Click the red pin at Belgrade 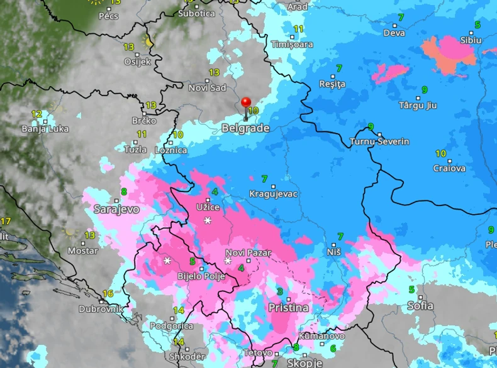click(246, 104)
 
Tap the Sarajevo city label click(116, 208)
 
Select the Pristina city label click(288, 308)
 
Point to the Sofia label click(420, 306)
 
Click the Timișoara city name click(292, 45)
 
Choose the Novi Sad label click(207, 88)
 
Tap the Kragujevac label click(272, 194)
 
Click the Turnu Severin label click(379, 142)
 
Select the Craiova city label click(449, 168)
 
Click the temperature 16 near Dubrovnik click(108, 294)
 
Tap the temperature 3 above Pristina click(279, 291)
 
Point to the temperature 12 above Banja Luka click(37, 114)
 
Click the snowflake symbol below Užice click(208, 220)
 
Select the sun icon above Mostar click(69, 232)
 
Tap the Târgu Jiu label click(418, 106)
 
